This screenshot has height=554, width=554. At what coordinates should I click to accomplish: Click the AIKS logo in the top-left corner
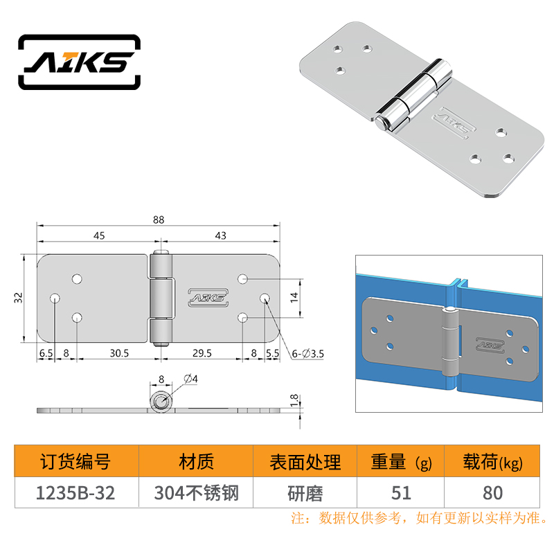[79, 62]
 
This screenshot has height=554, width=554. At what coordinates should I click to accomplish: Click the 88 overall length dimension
[159, 220]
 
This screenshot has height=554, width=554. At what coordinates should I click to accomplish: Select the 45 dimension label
[99, 235]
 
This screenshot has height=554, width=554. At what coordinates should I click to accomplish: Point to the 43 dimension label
[220, 235]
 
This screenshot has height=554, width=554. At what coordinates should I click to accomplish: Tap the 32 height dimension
[18, 298]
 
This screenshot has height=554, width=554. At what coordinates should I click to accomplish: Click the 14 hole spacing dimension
[294, 298]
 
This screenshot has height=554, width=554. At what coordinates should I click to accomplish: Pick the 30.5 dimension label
[119, 353]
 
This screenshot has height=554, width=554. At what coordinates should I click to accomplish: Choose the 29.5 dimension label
[202, 353]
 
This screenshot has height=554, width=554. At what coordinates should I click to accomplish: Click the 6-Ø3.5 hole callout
[307, 354]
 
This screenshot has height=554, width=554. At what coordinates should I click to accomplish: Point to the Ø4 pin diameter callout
[191, 379]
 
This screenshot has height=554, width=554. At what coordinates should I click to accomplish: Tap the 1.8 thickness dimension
[294, 401]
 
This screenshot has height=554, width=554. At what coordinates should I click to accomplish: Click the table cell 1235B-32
[75, 493]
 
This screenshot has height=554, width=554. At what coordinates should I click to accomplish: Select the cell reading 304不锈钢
[197, 493]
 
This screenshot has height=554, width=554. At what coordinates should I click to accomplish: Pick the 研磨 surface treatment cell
[305, 493]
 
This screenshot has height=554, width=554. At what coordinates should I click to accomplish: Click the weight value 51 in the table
[401, 493]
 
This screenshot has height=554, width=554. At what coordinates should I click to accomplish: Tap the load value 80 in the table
[493, 493]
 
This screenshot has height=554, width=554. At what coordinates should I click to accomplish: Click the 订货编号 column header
[75, 462]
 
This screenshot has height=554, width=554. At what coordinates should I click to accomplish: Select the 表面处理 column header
[305, 462]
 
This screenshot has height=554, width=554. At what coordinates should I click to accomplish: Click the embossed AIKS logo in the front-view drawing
[208, 298]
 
